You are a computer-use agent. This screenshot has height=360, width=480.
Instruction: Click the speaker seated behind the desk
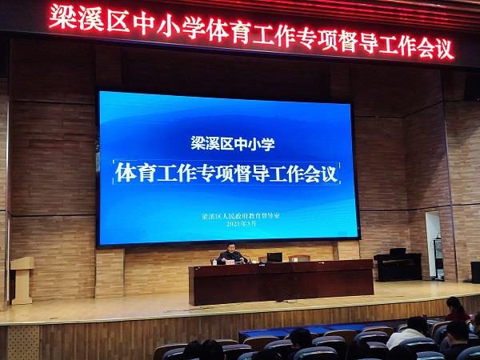[x=232, y=254]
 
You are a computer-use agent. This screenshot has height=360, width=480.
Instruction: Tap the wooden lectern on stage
[x=22, y=281]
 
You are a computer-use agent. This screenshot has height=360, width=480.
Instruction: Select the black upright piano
[x=398, y=265]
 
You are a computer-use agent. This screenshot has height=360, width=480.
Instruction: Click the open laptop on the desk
[x=274, y=258]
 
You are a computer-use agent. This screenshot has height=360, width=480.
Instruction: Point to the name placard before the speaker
[x=230, y=262]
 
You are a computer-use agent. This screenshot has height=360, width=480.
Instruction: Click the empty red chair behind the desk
[x=299, y=258]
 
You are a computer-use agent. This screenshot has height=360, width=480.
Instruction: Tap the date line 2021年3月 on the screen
[x=242, y=223]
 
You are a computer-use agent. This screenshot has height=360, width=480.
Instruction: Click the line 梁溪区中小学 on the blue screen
[x=233, y=143]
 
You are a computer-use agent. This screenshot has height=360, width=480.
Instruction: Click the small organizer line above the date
[x=241, y=215]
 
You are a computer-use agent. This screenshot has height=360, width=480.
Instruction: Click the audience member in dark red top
[x=457, y=309]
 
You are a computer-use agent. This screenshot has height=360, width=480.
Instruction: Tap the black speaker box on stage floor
[x=475, y=272]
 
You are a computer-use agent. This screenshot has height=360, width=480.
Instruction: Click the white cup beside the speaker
[x=214, y=262]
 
